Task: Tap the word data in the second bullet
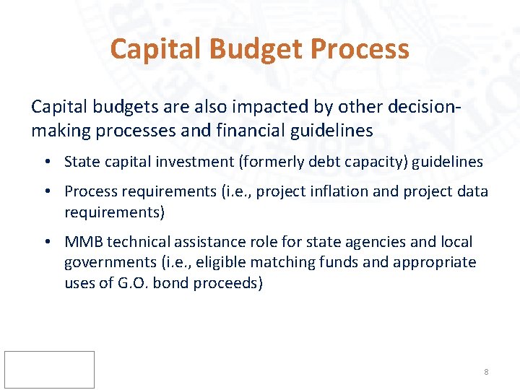[x=472, y=191]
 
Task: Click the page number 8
[x=486, y=372]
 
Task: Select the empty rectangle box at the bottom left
[x=49, y=370]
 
